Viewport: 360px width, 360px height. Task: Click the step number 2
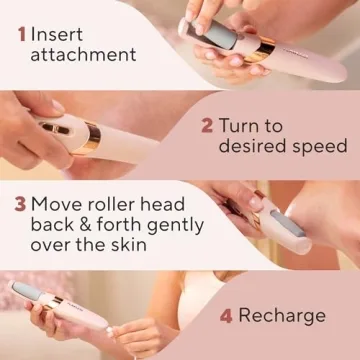[208, 126]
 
